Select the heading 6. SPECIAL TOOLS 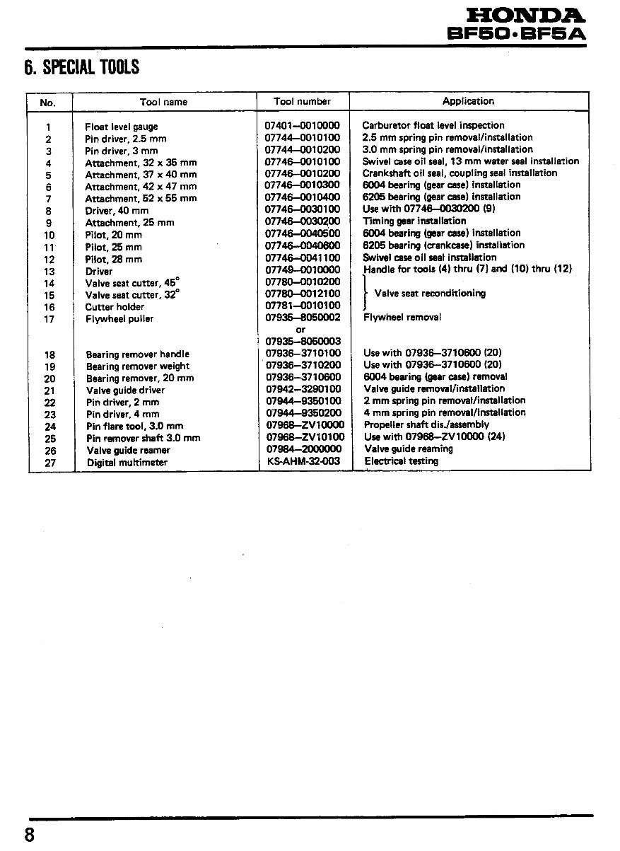tap(82, 68)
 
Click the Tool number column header tap(303, 101)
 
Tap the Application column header tap(468, 101)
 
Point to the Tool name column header tap(163, 102)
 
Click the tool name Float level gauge tap(121, 127)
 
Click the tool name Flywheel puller tap(119, 319)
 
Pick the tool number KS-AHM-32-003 tap(303, 461)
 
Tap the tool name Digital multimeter tap(127, 463)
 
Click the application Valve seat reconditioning tap(430, 294)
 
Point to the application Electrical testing tap(401, 461)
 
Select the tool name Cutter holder tap(115, 307)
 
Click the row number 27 tap(49, 463)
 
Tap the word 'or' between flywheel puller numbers tap(301, 330)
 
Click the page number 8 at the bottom tap(30, 835)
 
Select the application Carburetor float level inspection tap(433, 125)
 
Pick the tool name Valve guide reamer tap(128, 451)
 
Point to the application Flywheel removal tap(402, 318)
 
